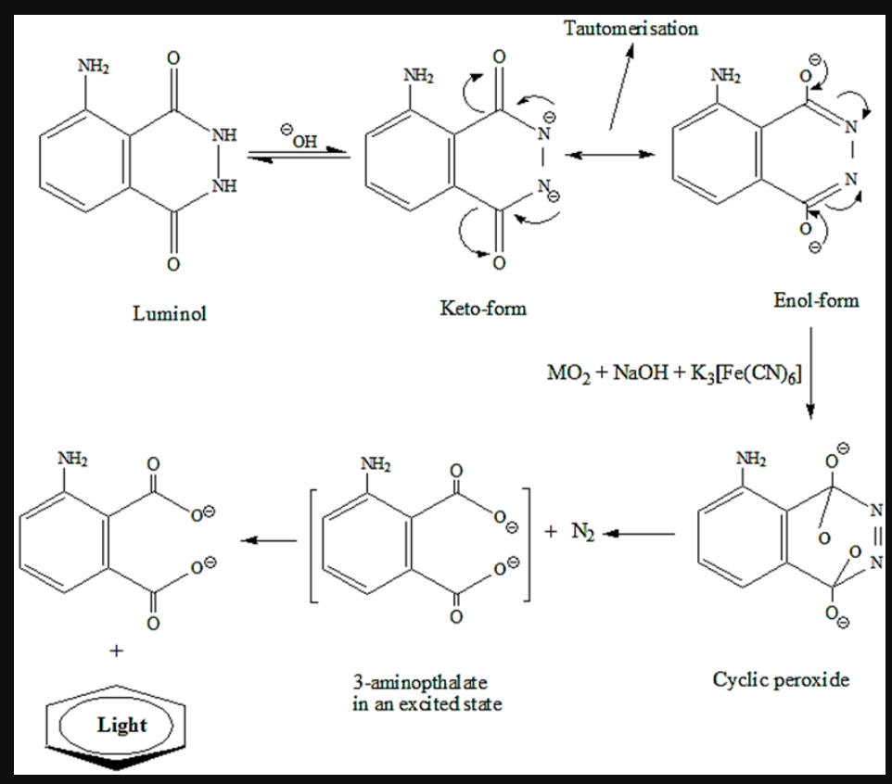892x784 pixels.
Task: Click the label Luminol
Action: coord(169,313)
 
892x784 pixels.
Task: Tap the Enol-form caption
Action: coord(815,300)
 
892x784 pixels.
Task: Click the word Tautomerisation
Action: coord(631,29)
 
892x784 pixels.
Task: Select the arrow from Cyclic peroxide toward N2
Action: coord(641,534)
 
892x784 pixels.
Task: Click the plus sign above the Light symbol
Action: coord(116,651)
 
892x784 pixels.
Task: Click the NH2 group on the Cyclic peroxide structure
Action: coord(748,458)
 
